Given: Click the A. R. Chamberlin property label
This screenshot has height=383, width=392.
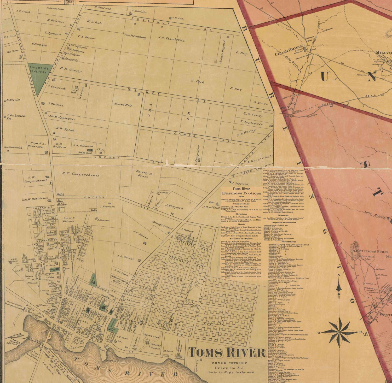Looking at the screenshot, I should tap(171, 39).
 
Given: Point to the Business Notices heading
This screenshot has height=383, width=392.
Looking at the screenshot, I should tap(241, 193).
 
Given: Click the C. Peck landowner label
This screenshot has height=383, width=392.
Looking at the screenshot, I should tap(198, 81).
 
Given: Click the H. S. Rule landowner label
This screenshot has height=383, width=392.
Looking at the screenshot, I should tap(94, 23).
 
